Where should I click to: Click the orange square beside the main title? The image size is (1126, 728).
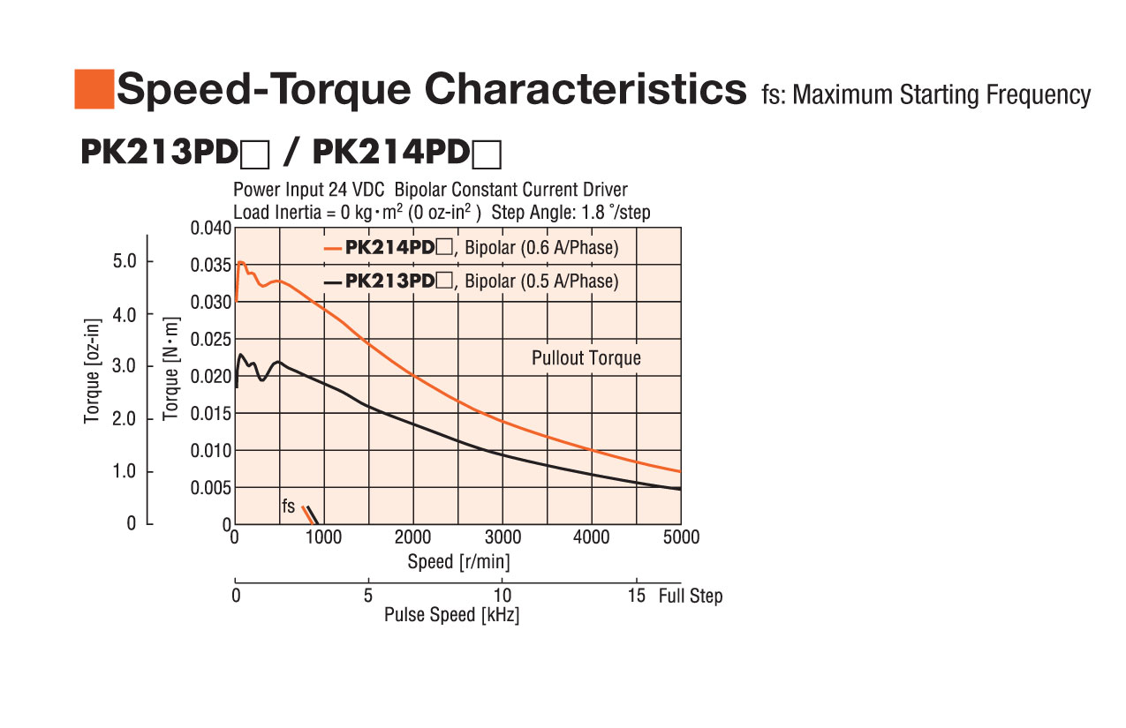(94, 89)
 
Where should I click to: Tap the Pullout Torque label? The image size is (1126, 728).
(586, 358)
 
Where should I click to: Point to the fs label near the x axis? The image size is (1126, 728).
(289, 507)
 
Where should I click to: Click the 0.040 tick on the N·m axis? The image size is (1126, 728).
(211, 229)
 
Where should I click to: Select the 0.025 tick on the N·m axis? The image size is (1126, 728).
(211, 340)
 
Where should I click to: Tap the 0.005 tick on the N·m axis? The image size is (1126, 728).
(211, 488)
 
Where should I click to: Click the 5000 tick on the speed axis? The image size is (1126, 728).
(680, 537)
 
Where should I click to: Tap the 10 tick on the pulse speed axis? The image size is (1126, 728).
(502, 595)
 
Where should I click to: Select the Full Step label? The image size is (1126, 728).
(691, 597)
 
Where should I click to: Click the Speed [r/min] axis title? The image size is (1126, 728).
(458, 562)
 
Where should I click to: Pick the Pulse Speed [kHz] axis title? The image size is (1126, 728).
(451, 616)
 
